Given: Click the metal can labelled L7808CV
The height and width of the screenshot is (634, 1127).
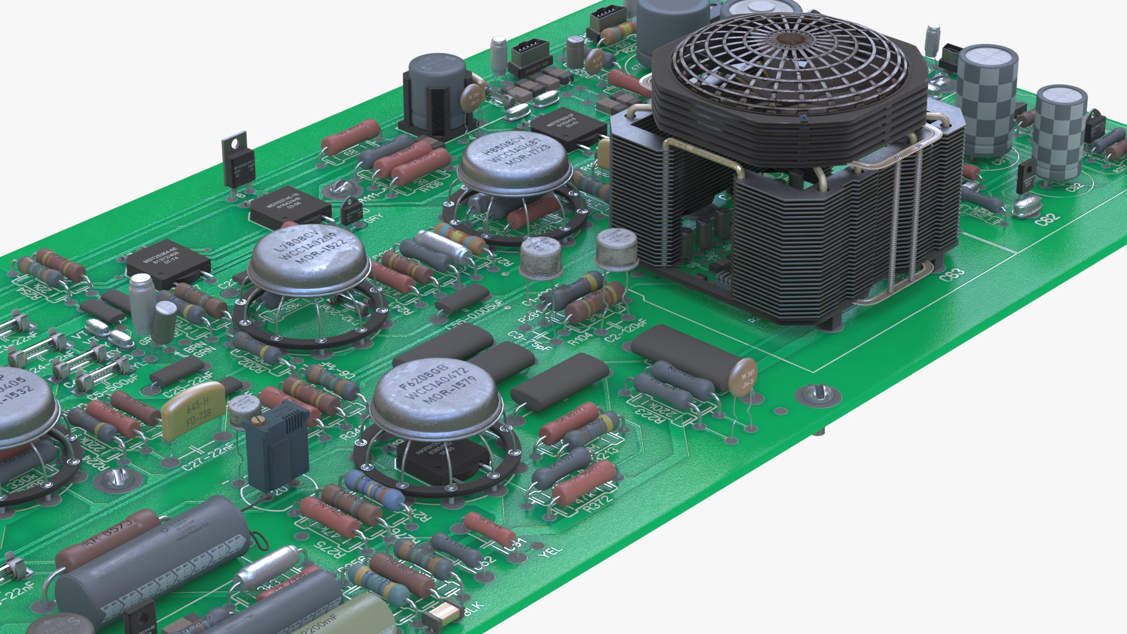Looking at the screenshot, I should pos(308,257).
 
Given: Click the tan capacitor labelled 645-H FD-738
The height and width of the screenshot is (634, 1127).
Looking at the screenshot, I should pos(194,410).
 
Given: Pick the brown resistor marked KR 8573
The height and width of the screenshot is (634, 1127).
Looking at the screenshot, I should pos(109,539).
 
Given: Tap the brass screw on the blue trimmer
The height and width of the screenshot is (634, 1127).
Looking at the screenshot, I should pos(257,420).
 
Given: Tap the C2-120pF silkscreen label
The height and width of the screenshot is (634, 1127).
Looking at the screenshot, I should pos(626,331).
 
